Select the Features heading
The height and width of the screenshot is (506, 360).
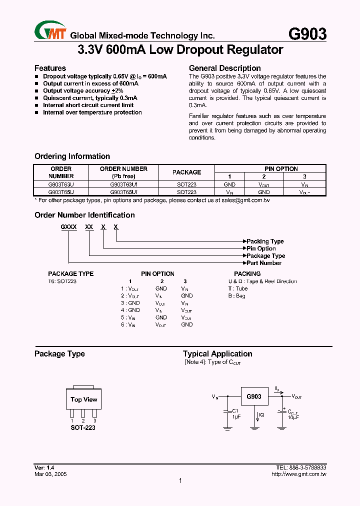pyautogui.click(x=50, y=68)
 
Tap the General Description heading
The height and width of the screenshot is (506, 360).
pyautogui.click(x=224, y=68)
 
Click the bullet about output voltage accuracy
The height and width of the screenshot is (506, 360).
pyautogui.click(x=82, y=91)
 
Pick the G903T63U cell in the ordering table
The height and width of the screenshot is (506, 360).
pyautogui.click(x=61, y=184)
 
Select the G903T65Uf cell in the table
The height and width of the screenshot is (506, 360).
pyautogui.click(x=123, y=192)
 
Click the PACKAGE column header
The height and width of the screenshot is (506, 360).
pyautogui.click(x=186, y=172)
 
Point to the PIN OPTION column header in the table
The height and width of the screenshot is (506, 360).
pyautogui.click(x=281, y=169)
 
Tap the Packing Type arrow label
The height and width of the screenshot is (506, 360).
pyautogui.click(x=265, y=241)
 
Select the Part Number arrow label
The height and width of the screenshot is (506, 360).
pyautogui.click(x=263, y=263)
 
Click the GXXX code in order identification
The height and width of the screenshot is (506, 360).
pyautogui.click(x=69, y=227)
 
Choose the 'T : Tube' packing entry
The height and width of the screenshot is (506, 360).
pyautogui.click(x=238, y=288)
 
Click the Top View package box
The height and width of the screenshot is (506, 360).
pyautogui.click(x=83, y=399)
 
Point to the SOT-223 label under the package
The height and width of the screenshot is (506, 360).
pyautogui.click(x=83, y=428)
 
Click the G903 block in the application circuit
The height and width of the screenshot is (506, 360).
pyautogui.click(x=254, y=397)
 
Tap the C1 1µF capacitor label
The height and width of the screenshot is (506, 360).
pyautogui.click(x=236, y=413)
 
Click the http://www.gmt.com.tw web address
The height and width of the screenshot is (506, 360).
pyautogui.click(x=298, y=474)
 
